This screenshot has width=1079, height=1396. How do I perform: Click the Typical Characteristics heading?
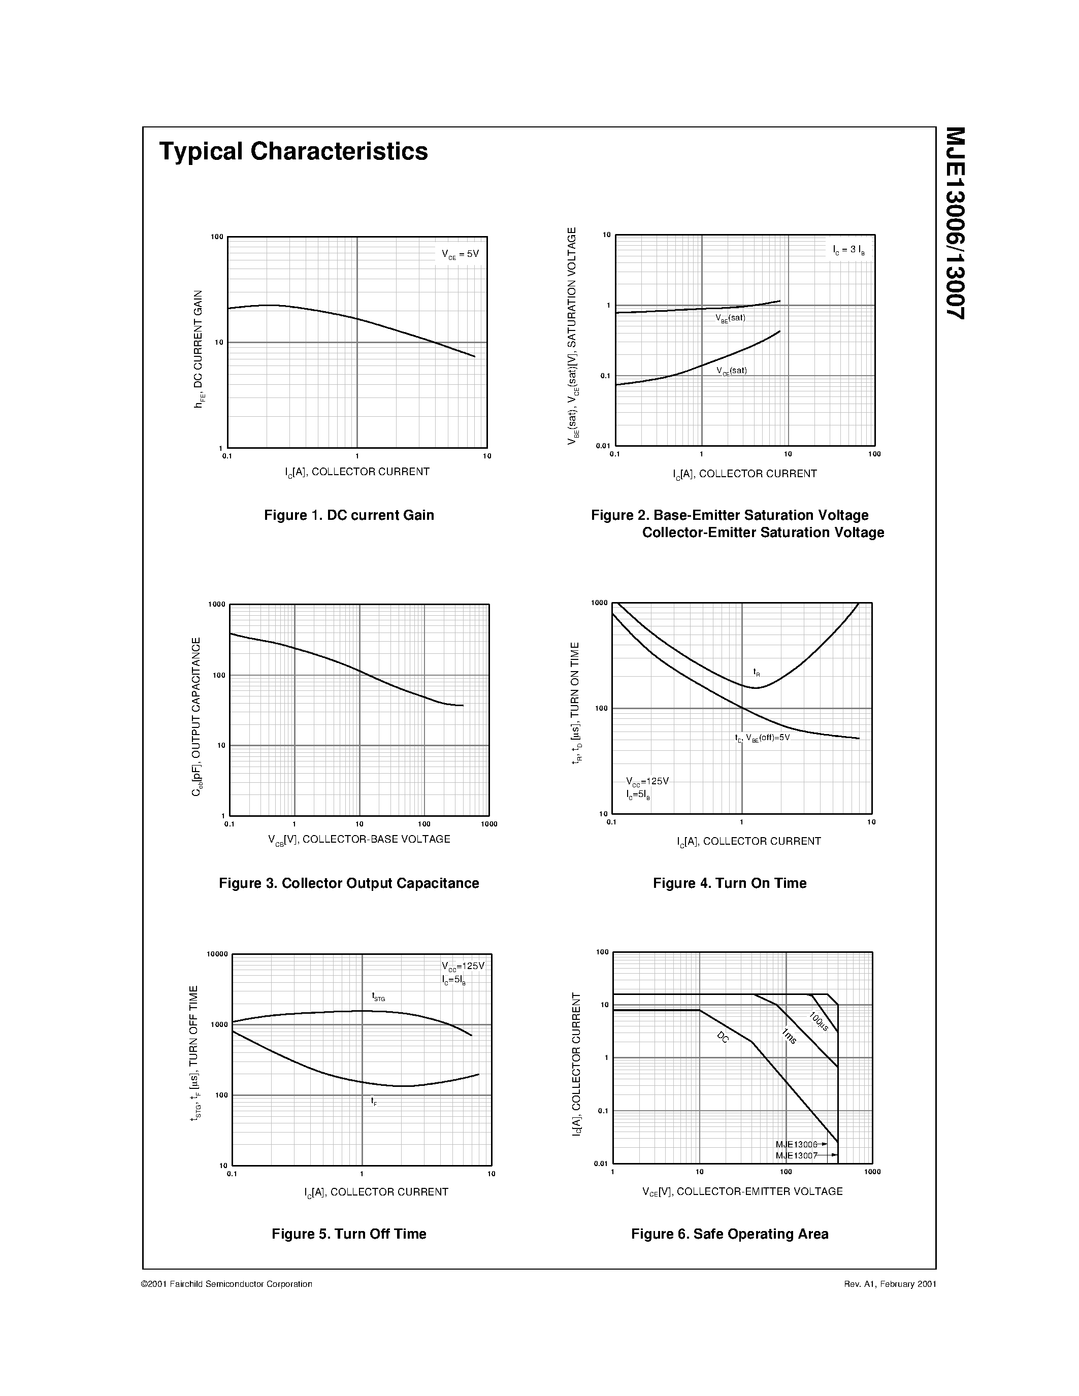coord(293,151)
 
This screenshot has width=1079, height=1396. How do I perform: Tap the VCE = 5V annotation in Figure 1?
coord(460,254)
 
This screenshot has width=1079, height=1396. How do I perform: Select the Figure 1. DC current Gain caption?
coord(349,515)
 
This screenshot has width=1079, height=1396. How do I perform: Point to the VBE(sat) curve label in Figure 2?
coord(731,318)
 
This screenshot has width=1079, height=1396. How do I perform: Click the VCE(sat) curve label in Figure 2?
coord(731,371)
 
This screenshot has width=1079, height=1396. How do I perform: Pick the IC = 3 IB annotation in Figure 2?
coord(849,250)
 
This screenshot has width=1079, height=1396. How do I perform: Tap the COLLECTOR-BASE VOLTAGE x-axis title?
coord(359,839)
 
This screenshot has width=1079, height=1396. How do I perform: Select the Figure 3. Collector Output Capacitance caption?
coord(349,883)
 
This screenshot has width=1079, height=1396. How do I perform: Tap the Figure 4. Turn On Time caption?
coord(729,883)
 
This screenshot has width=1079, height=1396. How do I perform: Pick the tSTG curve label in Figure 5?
coord(378,996)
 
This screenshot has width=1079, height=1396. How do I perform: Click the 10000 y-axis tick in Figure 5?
coord(217,954)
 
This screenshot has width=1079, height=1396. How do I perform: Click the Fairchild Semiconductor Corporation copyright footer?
coord(226,1284)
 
